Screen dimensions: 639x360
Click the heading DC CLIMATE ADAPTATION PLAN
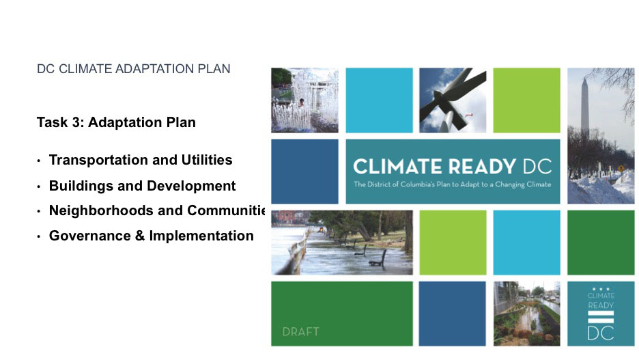134,69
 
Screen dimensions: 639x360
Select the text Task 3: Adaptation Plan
116,122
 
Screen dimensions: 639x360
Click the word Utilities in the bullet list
207,160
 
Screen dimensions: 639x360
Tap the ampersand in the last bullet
140,236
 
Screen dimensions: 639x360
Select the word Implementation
201,236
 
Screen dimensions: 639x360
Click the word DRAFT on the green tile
301,332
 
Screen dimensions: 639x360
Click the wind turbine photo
453,100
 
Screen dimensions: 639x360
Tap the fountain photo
305,100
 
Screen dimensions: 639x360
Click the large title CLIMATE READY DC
453,167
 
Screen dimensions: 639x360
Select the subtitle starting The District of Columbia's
453,184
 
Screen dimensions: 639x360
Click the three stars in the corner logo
601,289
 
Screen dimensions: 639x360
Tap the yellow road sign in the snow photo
621,168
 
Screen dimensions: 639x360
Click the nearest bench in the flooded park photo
378,260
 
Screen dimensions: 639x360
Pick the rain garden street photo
527,314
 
